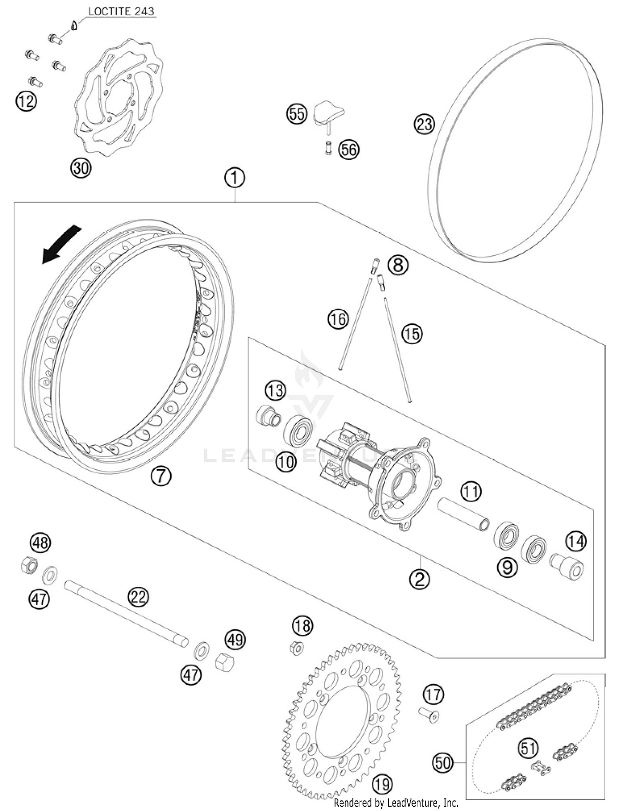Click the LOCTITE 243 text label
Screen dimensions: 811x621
click(x=121, y=11)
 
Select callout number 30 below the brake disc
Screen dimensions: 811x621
click(x=81, y=168)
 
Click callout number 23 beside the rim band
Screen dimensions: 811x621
click(x=424, y=124)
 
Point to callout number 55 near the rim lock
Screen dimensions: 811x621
click(x=297, y=114)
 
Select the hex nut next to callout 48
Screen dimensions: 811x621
click(x=29, y=565)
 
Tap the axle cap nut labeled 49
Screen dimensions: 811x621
click(x=225, y=662)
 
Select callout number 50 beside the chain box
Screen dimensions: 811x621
click(x=443, y=762)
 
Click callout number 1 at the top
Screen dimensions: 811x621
click(x=235, y=178)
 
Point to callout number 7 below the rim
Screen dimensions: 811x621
click(x=161, y=476)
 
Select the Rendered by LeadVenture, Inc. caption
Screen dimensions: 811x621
click(x=396, y=803)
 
